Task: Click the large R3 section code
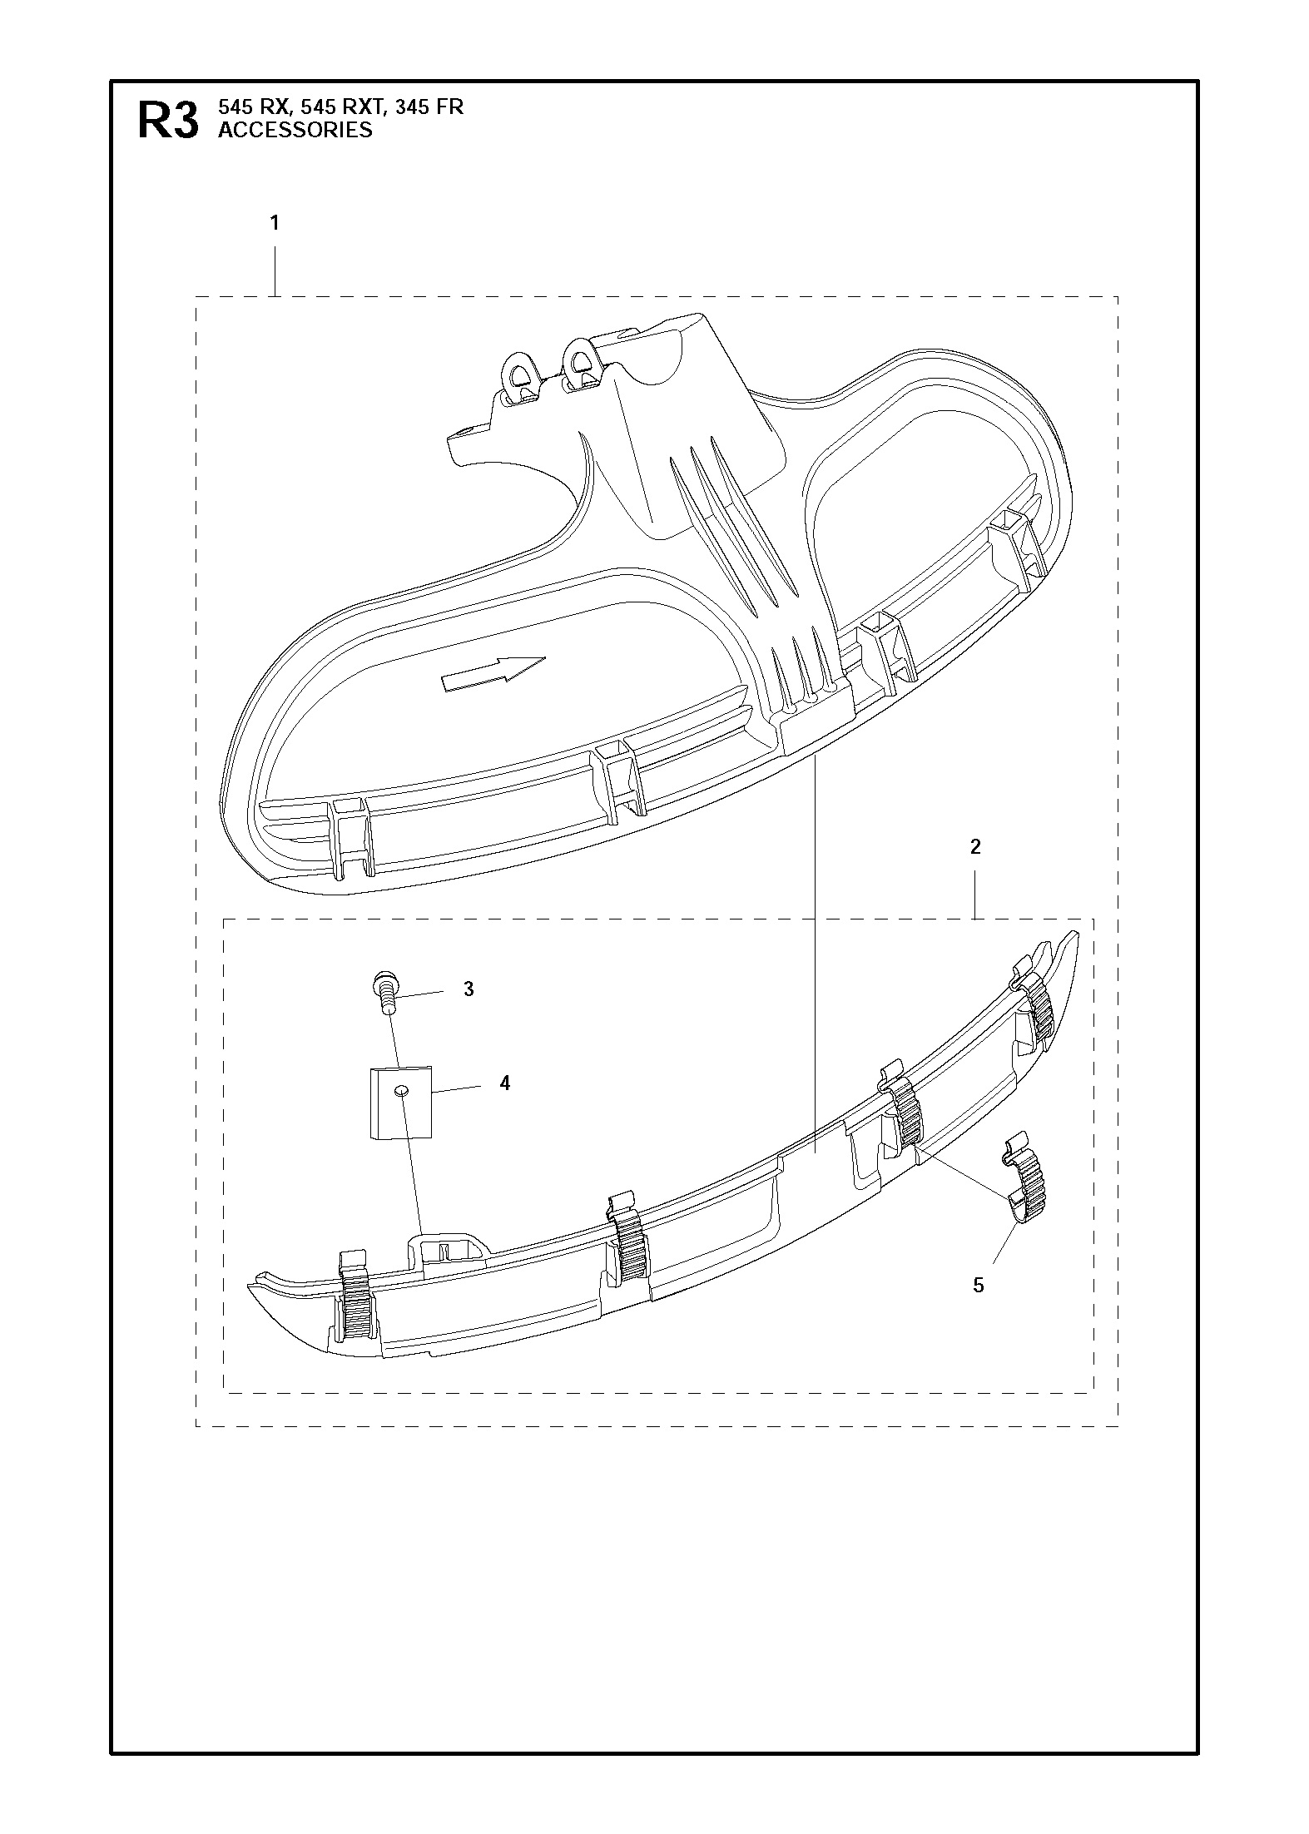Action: coord(168,121)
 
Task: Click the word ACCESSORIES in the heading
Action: coord(295,130)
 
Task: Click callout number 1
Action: coord(275,223)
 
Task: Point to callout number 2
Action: coord(975,847)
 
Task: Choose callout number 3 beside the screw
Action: coord(469,989)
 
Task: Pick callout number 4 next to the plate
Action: coord(504,1083)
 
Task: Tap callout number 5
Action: coord(979,1286)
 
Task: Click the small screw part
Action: coord(384,991)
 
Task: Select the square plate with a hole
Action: coord(401,1103)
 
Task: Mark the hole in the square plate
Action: coord(401,1091)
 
